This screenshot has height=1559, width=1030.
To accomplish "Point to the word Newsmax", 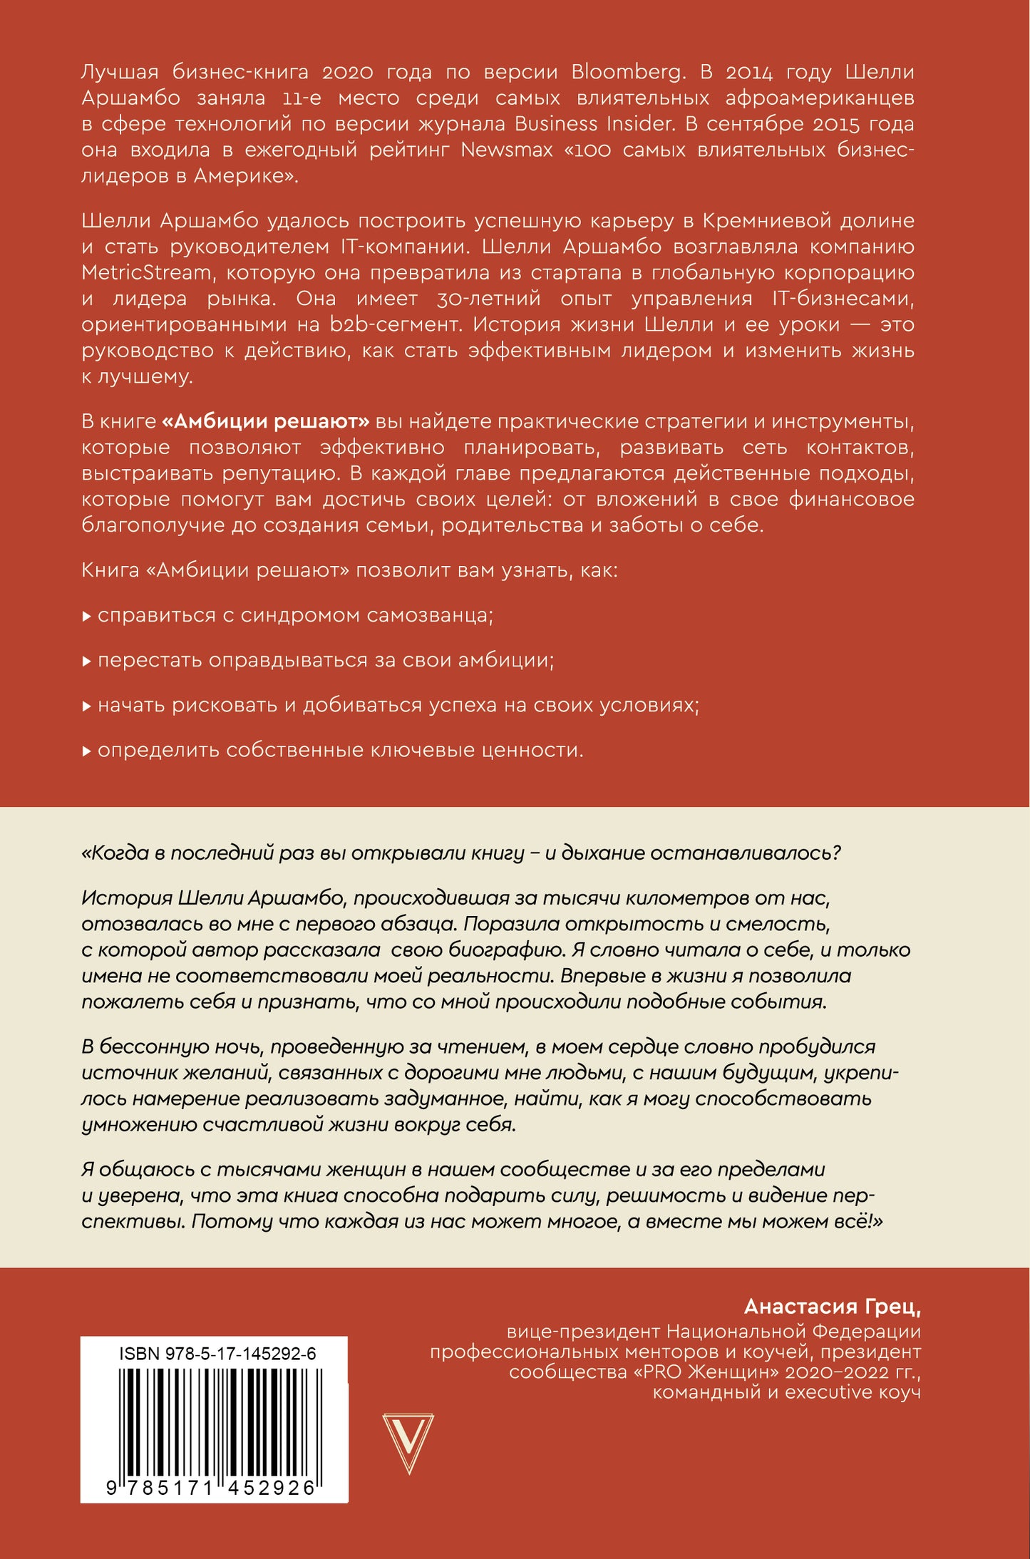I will coord(506,150).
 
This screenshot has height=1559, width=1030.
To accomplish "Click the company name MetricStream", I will coord(146,272).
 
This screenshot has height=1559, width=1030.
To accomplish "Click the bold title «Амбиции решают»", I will coord(266,421).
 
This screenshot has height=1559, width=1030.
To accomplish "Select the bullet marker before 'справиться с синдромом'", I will coord(86,616).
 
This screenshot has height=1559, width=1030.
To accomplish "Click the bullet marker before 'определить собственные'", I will coord(86,751).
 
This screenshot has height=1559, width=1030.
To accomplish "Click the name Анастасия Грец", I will coord(832,1306).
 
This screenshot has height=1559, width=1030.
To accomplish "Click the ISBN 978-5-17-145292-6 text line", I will coord(217,1354).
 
